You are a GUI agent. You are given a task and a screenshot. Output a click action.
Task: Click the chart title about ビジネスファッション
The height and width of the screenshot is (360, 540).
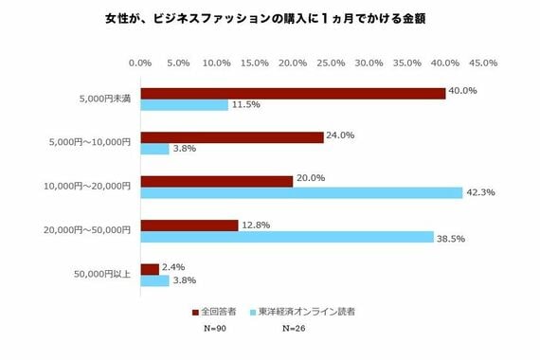tap(269, 19)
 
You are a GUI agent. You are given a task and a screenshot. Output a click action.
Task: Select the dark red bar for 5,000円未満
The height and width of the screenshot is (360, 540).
tap(293, 93)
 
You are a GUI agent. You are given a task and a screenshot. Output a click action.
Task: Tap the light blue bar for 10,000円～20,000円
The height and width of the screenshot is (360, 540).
tap(301, 192)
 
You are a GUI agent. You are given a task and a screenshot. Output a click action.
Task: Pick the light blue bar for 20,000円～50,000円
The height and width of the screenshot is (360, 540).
tap(287, 237)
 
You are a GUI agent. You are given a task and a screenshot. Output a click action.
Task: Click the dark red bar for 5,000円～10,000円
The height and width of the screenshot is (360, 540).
tap(232, 136)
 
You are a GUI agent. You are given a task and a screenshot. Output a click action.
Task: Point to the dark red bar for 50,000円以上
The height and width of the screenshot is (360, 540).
tap(150, 269)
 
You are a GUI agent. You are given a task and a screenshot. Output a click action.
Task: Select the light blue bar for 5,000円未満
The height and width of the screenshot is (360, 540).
tap(185, 105)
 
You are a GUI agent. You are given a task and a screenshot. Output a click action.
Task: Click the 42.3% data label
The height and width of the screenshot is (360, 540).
tap(480, 192)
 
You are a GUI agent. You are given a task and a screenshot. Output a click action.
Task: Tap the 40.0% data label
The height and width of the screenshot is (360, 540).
tap(462, 92)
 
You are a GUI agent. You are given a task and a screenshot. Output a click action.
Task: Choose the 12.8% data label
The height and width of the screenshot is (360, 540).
tap(254, 225)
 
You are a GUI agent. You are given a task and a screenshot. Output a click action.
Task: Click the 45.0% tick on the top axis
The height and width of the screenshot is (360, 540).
tap(483, 63)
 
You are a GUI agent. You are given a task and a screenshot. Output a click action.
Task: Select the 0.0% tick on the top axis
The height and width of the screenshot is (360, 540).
tap(140, 63)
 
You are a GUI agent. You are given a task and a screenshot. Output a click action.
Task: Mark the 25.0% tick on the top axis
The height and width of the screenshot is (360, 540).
tap(331, 63)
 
